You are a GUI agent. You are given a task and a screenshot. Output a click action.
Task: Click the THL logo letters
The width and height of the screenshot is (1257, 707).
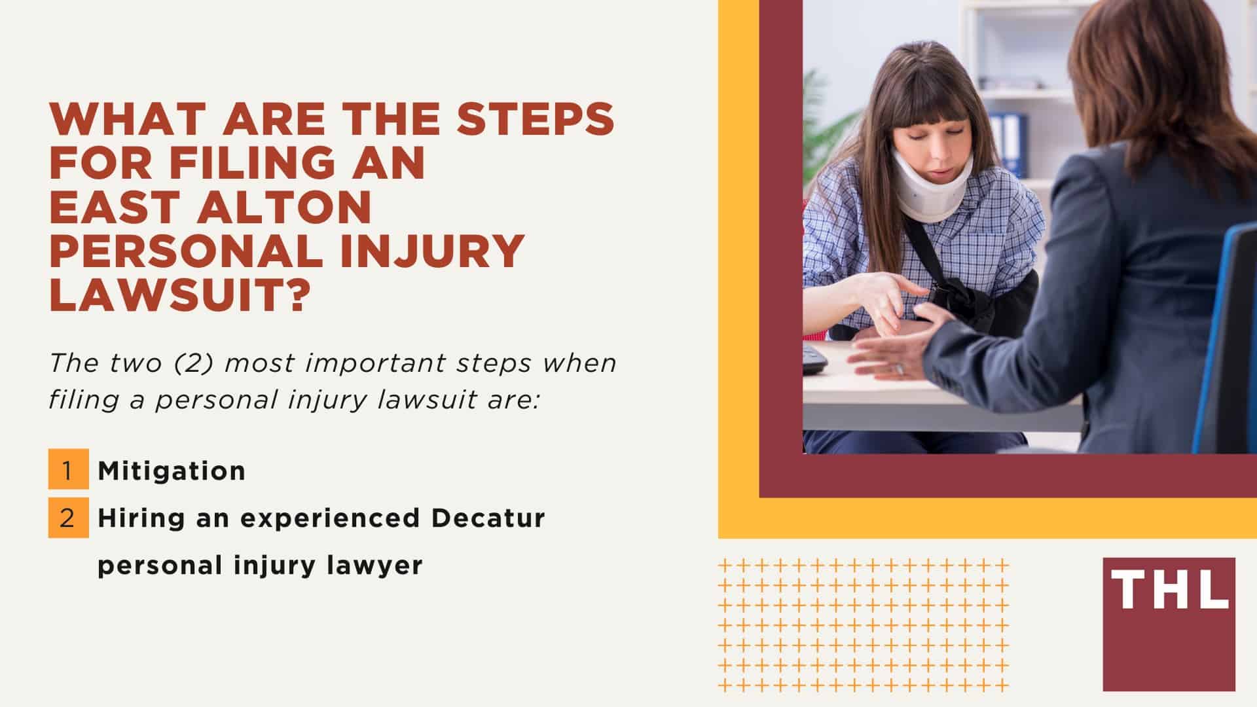pyautogui.click(x=1169, y=589)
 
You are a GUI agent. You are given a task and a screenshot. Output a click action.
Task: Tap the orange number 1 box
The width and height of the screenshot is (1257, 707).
pyautogui.click(x=68, y=469)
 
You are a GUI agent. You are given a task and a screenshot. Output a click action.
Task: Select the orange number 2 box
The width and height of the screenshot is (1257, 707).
pyautogui.click(x=68, y=518)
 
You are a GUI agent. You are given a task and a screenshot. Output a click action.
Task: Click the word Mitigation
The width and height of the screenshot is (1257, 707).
pyautogui.click(x=172, y=471)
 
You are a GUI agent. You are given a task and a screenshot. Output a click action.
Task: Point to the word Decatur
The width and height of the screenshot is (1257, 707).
pyautogui.click(x=488, y=518)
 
